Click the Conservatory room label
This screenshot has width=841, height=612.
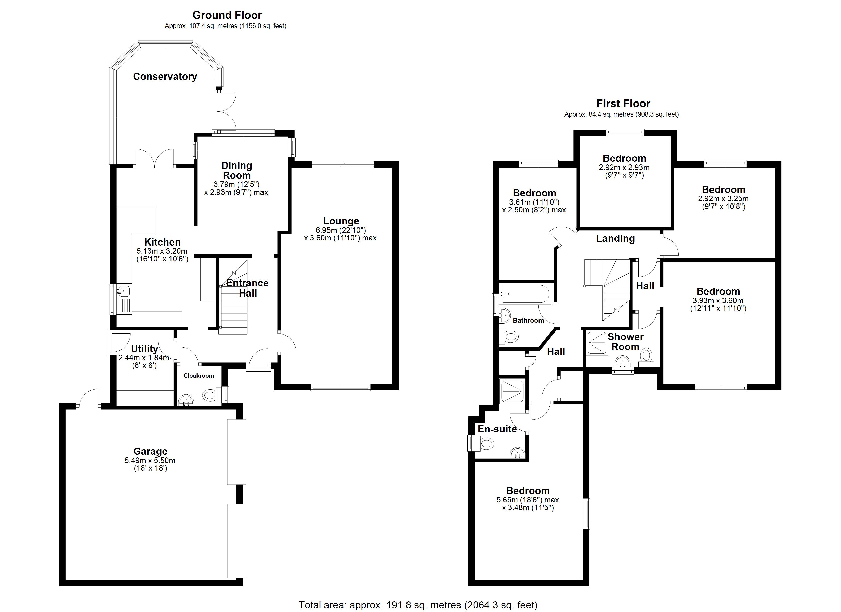click(x=165, y=76)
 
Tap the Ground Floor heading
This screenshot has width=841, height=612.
click(x=227, y=15)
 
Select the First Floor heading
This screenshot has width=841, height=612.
click(x=623, y=104)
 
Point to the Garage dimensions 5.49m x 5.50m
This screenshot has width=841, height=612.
click(x=150, y=461)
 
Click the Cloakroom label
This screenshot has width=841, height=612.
click(x=199, y=376)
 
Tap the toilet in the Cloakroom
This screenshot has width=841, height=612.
click(x=213, y=395)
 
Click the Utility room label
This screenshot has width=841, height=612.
click(x=144, y=349)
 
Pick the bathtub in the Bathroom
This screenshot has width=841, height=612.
click(x=525, y=294)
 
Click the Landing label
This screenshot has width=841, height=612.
click(x=615, y=239)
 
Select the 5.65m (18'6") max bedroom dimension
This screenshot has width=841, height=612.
click(x=528, y=500)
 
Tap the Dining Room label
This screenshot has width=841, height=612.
click(x=236, y=170)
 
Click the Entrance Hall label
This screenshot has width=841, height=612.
click(x=247, y=288)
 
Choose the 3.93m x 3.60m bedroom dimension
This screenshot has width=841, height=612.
click(x=718, y=301)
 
